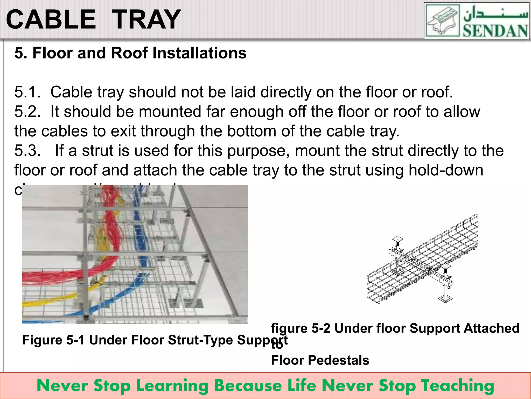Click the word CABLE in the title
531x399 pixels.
pyautogui.click(x=51, y=20)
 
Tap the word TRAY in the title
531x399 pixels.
pyautogui.click(x=147, y=20)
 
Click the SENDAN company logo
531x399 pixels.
pyautogui.click(x=476, y=21)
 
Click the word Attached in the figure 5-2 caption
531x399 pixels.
pyautogui.click(x=491, y=328)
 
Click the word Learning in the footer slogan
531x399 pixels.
pyautogui.click(x=173, y=386)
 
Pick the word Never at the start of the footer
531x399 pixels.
pyautogui.click(x=62, y=386)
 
